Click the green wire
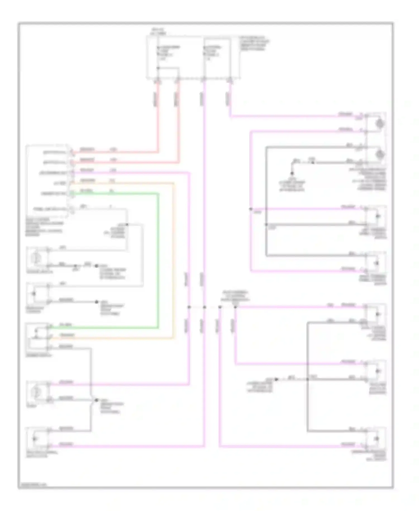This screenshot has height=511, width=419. tap(158, 260)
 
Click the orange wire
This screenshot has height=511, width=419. tap(174, 260)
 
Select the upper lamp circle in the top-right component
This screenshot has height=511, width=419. tap(380, 123)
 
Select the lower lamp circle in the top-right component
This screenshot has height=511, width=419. tap(380, 154)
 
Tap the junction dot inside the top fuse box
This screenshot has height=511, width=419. tap(158, 68)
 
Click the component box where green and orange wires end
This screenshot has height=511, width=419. tap(37, 337)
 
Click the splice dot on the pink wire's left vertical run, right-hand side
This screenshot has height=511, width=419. tap(251, 209)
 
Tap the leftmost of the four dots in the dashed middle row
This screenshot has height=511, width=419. tap(189, 307)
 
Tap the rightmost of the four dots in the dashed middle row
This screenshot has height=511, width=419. tap(235, 307)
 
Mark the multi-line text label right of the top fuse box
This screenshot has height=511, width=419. tap(254, 43)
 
